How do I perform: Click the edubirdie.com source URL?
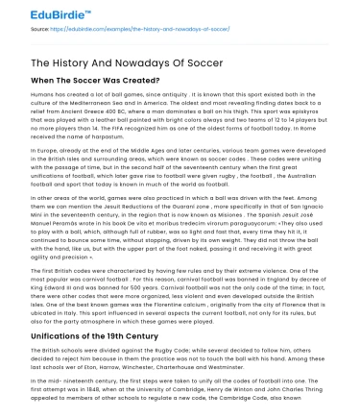115,32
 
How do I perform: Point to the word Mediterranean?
125,104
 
